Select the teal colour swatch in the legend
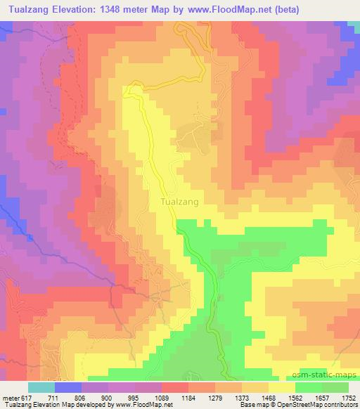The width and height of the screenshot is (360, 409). click(41, 388)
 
